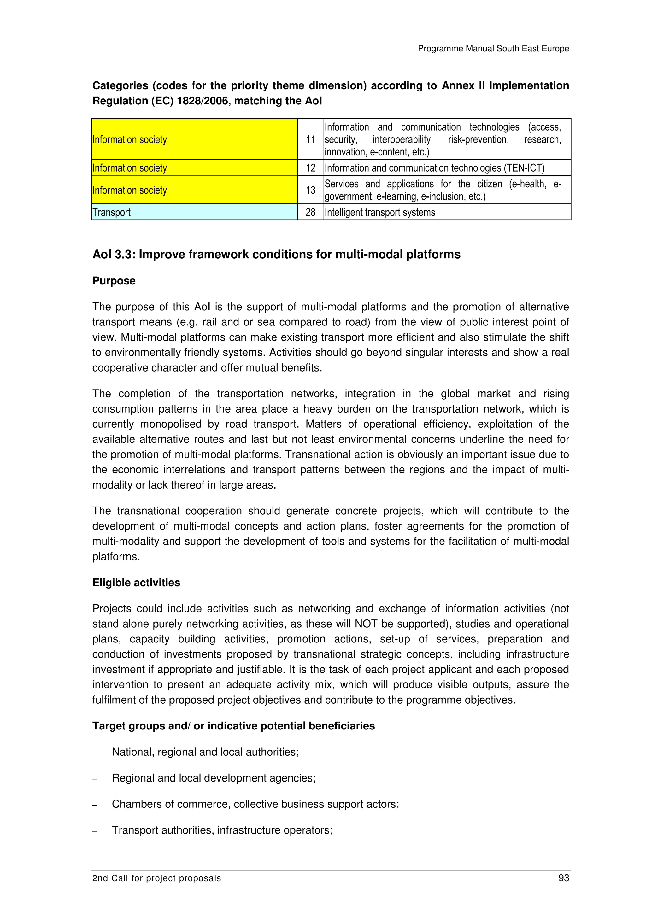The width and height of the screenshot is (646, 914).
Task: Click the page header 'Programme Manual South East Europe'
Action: click(x=493, y=49)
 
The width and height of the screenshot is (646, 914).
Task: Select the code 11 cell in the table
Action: click(x=310, y=139)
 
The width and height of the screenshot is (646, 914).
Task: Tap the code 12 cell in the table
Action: click(x=310, y=167)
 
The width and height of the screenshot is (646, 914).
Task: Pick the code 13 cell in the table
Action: click(x=310, y=190)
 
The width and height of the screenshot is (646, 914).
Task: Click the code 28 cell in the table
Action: click(x=310, y=212)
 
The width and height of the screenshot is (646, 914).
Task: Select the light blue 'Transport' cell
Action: click(x=194, y=212)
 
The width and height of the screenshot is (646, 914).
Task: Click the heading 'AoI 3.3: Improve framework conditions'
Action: click(x=276, y=255)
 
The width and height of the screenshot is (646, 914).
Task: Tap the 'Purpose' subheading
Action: click(x=114, y=281)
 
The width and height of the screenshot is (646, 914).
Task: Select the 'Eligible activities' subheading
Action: click(x=136, y=583)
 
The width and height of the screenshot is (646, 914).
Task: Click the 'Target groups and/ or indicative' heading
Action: click(x=233, y=726)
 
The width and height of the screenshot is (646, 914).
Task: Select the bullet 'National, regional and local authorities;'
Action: click(x=205, y=752)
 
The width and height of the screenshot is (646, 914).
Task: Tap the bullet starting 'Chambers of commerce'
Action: click(x=255, y=804)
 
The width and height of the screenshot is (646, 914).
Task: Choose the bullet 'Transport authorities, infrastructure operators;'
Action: click(x=222, y=830)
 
